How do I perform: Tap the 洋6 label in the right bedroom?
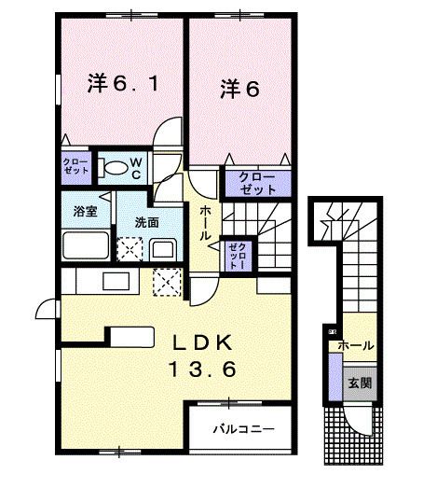tap(240, 90)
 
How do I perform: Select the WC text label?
tap(134, 167)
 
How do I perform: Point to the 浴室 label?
tap(85, 212)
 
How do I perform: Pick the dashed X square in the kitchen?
tap(167, 280)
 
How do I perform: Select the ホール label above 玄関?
tap(355, 345)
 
